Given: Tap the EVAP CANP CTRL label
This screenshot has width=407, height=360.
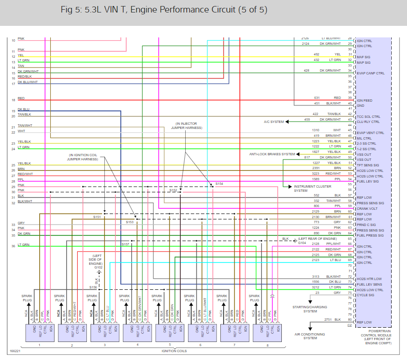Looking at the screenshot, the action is pos(371,73).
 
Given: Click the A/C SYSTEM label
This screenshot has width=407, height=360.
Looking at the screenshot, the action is pos(273,122).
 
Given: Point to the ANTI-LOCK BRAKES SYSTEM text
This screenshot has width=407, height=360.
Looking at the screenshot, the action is pos(272,154).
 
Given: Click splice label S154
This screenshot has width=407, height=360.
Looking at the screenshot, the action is pos(219,183).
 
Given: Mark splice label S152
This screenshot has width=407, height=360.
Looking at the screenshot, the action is pos(173,190).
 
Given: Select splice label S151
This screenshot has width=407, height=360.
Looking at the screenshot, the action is pos(97,217).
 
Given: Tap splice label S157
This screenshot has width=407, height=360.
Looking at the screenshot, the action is pos(125,244).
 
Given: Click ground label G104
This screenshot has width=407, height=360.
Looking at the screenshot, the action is pos(302,243).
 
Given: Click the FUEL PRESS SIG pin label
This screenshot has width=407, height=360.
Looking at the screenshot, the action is pos(371,236).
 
